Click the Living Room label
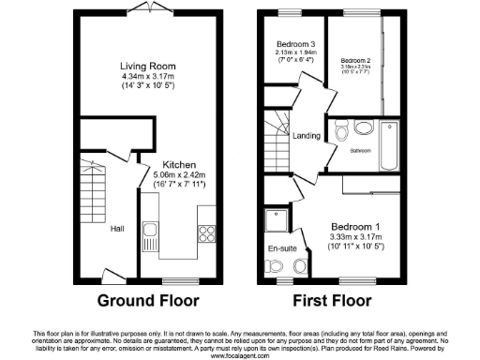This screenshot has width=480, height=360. pos(147,66)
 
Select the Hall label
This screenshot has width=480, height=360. pos(117,228)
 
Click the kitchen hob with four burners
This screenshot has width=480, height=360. pos(208,234)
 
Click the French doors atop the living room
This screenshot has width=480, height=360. pos(146,7)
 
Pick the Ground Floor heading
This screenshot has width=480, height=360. pos(148,301)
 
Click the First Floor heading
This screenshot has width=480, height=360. pos(333,301)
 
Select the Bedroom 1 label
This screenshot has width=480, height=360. pos(356,226)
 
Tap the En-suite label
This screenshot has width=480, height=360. pos(282,249)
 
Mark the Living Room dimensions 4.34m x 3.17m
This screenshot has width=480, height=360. pos(147,77)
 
